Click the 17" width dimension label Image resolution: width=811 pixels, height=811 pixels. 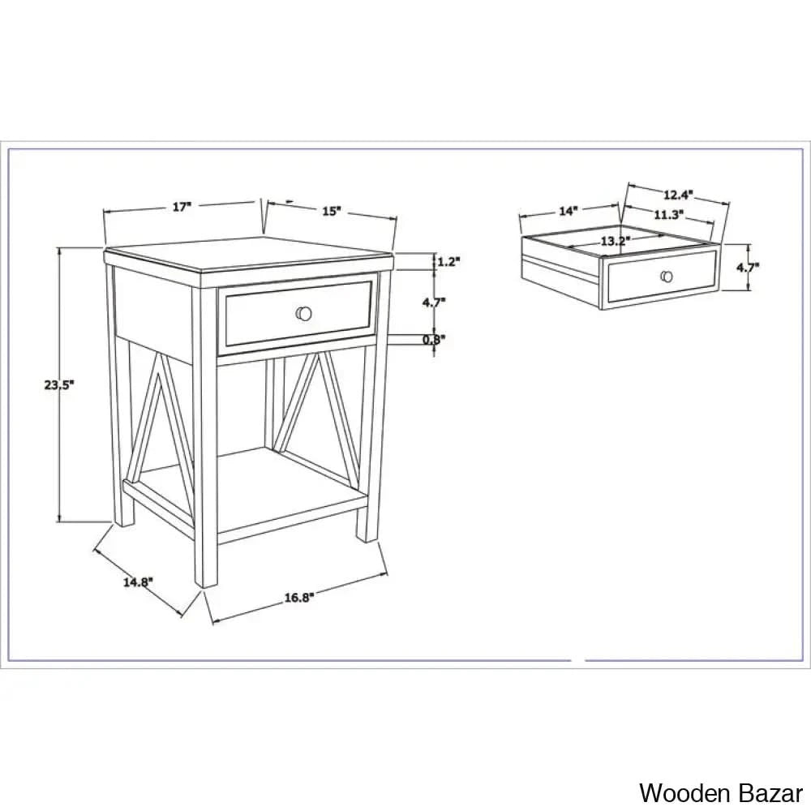(x=182, y=207)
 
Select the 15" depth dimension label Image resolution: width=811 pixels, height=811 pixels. (x=332, y=211)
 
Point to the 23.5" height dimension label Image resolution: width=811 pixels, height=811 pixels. (x=59, y=384)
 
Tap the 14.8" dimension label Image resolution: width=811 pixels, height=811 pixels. (x=138, y=581)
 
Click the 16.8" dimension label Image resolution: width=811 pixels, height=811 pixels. (x=299, y=598)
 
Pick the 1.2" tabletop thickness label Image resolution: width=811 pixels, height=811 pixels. (x=448, y=262)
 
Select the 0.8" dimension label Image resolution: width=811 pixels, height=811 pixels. (x=434, y=340)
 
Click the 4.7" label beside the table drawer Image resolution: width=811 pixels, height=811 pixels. (x=434, y=303)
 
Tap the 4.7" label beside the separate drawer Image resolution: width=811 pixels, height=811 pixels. (x=748, y=268)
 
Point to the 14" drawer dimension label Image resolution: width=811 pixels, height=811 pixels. (x=568, y=211)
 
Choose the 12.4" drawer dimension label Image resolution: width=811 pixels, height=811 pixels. (x=678, y=195)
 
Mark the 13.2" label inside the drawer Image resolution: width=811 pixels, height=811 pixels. (x=616, y=241)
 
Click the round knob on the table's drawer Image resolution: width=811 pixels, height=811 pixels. (x=303, y=313)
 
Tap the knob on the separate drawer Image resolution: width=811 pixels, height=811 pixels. (x=667, y=277)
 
